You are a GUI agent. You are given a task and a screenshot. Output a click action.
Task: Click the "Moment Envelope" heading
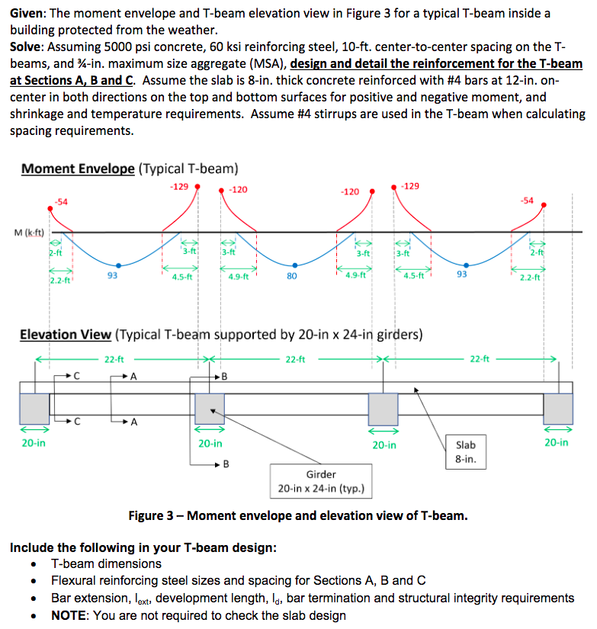pos(79,168)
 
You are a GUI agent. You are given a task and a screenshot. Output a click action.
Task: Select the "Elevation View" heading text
pos(66,334)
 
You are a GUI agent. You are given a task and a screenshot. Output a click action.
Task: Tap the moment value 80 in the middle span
pos(291,276)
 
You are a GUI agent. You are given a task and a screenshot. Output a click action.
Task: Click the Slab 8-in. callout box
pos(465,452)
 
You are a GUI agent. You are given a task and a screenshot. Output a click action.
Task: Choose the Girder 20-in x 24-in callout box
pos(320,481)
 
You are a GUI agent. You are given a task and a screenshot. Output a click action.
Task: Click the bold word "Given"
pos(27,14)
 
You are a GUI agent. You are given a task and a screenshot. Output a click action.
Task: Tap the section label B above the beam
pos(223,375)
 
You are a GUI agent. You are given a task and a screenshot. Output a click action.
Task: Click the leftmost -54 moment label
pos(61,201)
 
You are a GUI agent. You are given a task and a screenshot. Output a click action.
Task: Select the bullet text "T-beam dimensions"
pos(106,563)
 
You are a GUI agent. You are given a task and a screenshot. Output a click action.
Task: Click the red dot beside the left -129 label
pos(199,185)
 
